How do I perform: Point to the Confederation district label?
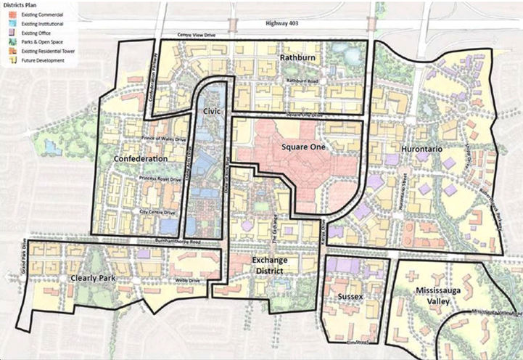141,157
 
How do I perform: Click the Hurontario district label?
421,147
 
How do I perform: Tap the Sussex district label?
351,298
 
